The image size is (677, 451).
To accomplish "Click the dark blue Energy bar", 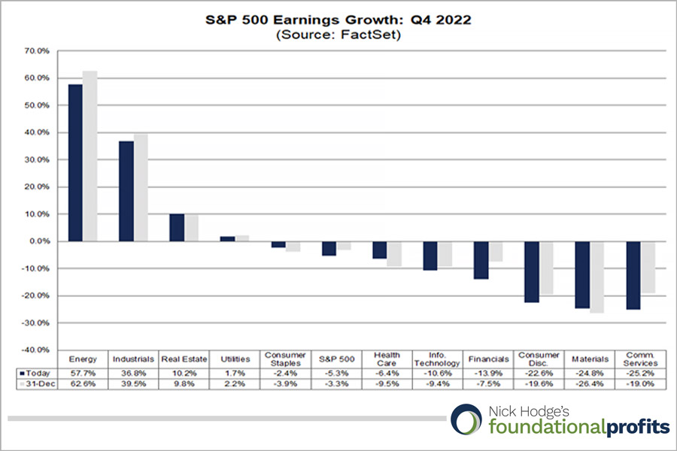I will (x=75, y=162).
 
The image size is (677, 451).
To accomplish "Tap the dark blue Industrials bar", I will (x=126, y=191).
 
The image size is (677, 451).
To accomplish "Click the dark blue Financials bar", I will (x=481, y=260).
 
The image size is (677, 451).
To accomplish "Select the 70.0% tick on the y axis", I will (x=38, y=51).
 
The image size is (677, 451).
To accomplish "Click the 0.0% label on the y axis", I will (x=39, y=241).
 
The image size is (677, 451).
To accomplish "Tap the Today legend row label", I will (x=36, y=372).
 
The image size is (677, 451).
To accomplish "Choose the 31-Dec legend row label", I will (x=36, y=383).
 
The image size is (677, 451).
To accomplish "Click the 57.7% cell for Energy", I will (x=83, y=372).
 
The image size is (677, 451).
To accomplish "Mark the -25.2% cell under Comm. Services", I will (x=641, y=372).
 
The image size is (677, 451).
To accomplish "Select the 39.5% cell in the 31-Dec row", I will (x=133, y=383).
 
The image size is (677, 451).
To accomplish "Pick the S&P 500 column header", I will (x=336, y=359).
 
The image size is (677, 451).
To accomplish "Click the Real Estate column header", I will (x=184, y=359).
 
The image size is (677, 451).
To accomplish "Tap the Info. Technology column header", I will (x=438, y=359).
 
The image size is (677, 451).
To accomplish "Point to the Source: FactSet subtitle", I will (x=338, y=35).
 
